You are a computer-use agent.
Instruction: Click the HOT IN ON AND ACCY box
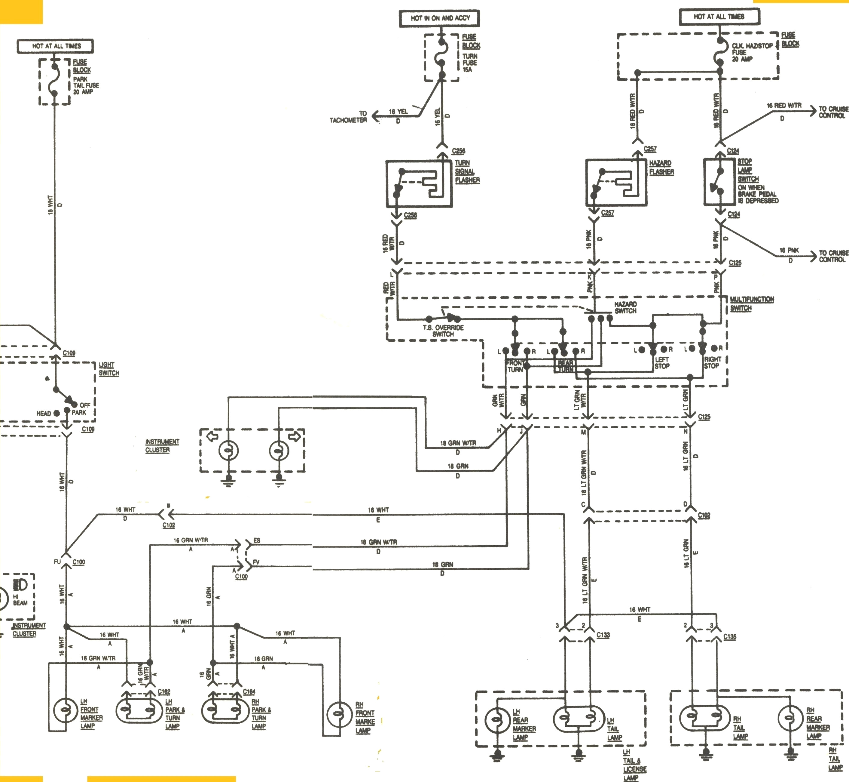(x=440, y=18)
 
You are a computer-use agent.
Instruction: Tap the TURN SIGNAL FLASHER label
(x=467, y=171)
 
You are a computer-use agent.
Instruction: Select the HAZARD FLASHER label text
(x=661, y=168)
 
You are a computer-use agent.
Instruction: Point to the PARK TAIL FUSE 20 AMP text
(x=86, y=85)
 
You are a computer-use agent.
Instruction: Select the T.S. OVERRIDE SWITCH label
(x=443, y=331)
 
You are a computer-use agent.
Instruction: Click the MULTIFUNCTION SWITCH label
(x=751, y=303)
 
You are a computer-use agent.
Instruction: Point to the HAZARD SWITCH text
(x=625, y=308)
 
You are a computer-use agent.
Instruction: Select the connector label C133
(x=603, y=635)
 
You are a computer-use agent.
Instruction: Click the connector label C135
(x=729, y=636)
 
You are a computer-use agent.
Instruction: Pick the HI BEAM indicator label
(x=20, y=600)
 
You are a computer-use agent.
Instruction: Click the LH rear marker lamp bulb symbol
(x=498, y=721)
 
